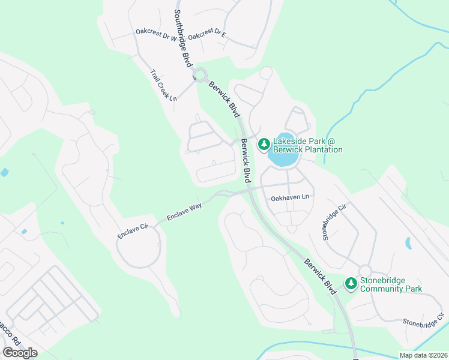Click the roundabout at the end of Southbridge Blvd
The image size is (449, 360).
tap(200, 75)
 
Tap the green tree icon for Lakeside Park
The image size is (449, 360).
tap(264, 144)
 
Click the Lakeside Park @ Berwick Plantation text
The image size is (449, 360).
tap(308, 145)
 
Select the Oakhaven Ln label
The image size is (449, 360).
tap(290, 196)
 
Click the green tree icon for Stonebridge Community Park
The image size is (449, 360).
tap(351, 283)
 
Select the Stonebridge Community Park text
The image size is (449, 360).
tap(391, 284)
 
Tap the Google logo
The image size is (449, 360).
tap(20, 353)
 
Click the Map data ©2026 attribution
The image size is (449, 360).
tap(423, 355)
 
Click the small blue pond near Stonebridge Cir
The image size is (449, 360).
tap(408, 243)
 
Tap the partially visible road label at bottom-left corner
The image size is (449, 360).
tap(11, 337)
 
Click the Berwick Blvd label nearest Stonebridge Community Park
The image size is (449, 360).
tap(319, 275)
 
